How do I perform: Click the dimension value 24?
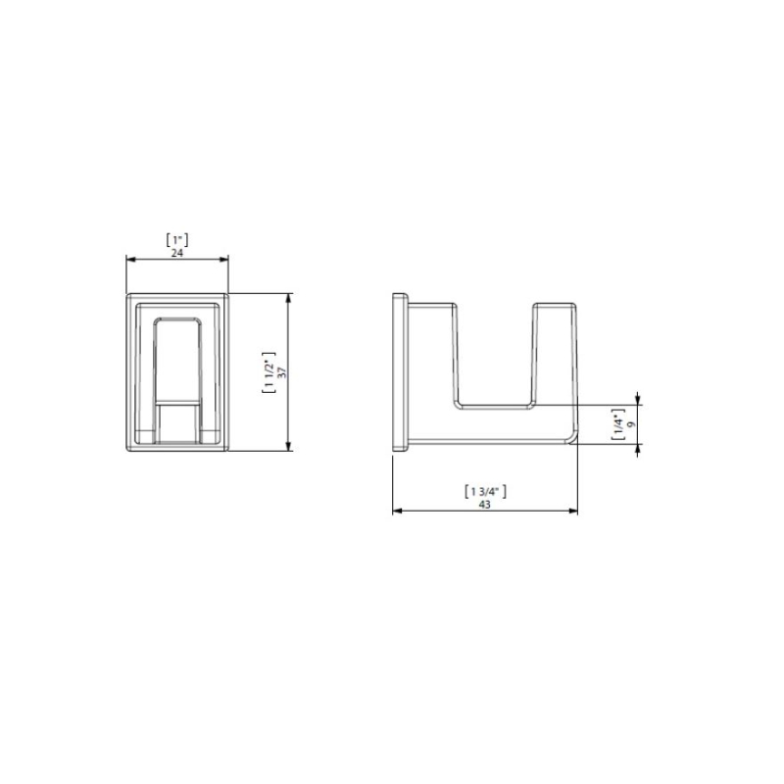[177, 253]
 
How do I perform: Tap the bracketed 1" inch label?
[177, 240]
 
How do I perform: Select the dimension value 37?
[282, 372]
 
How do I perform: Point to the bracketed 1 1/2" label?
[269, 372]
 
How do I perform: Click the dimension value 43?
[484, 505]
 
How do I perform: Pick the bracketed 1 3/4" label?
[485, 492]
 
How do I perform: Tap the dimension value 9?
[631, 424]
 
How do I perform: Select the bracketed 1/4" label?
[619, 424]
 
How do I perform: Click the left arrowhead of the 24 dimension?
[130, 259]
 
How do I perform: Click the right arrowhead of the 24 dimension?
[223, 259]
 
